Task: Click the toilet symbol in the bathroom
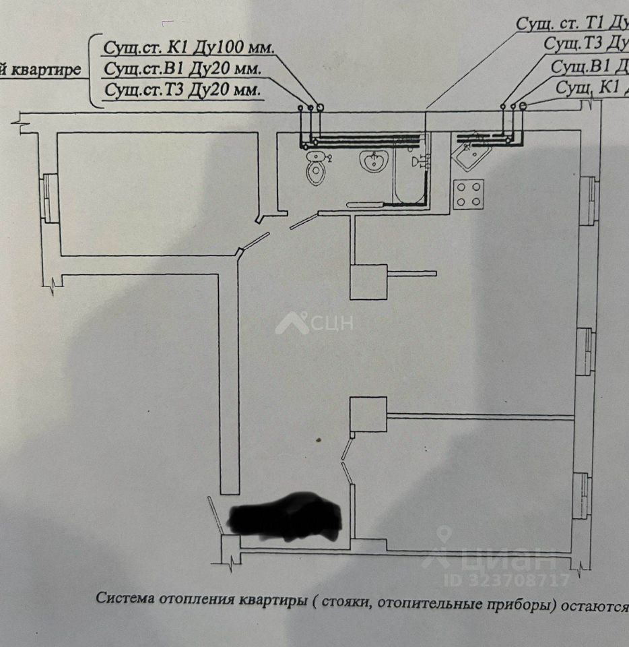pyautogui.click(x=314, y=169)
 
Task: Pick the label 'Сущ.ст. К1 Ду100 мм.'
pyautogui.click(x=189, y=49)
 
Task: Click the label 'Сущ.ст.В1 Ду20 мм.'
pyautogui.click(x=182, y=69)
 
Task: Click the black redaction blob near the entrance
pyautogui.click(x=286, y=518)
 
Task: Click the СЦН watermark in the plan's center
pyautogui.click(x=314, y=323)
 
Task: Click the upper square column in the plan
pyautogui.click(x=368, y=282)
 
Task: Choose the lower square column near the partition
pyautogui.click(x=368, y=414)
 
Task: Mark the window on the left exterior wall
pyautogui.click(x=49, y=198)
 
